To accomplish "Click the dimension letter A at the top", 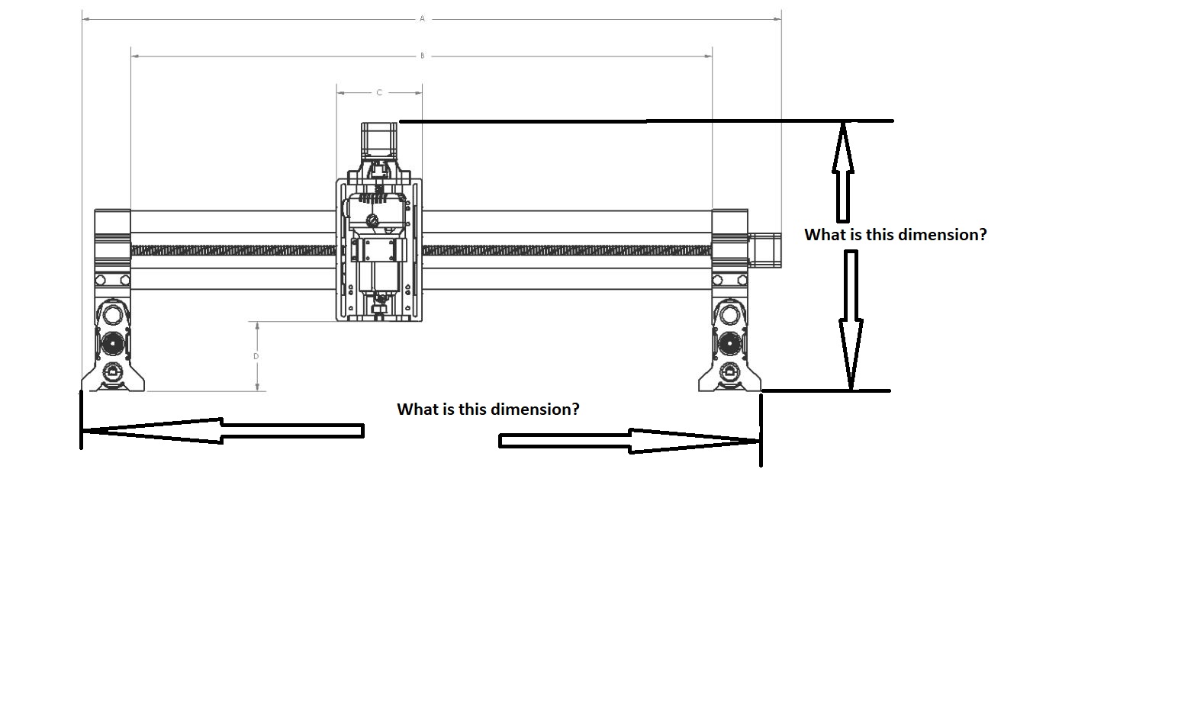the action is pos(422,18).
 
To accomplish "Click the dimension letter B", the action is pos(422,56).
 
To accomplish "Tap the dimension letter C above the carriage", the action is pos(379,93).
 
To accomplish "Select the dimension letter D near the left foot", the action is pos(256,356).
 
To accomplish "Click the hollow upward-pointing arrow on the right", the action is pos(843,172).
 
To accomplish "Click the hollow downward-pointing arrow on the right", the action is pos(851,320).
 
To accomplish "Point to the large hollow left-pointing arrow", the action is pos(223,431).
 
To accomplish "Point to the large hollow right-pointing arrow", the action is pos(629,441).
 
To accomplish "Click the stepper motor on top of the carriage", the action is pos(379,141).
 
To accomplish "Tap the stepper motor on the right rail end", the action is pos(764,250).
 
